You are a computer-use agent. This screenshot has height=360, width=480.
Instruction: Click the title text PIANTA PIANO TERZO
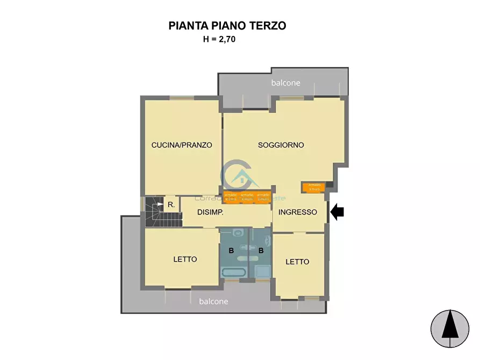pyautogui.click(x=227, y=25)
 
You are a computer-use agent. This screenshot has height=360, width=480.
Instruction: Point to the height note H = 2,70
pyautogui.click(x=219, y=39)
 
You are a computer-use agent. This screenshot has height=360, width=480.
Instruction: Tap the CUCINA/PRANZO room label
pyautogui.click(x=182, y=145)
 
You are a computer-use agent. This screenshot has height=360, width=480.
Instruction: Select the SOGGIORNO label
pyautogui.click(x=281, y=145)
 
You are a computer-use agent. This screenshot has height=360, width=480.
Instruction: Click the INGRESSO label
pyautogui.click(x=297, y=212)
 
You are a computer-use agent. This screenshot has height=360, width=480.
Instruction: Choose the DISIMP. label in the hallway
pyautogui.click(x=210, y=212)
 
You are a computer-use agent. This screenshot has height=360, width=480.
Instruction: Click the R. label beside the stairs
pyautogui.click(x=170, y=204)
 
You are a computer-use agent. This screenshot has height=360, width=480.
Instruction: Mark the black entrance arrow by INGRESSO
pyautogui.click(x=337, y=212)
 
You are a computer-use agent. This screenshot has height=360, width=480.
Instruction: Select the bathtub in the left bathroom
pyautogui.click(x=234, y=272)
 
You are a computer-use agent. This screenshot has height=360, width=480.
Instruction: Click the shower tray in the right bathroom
pyautogui.click(x=263, y=271)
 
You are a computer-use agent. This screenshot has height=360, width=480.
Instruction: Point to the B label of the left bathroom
pyautogui.click(x=231, y=250)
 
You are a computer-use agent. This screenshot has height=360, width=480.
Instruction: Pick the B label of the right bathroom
pyautogui.click(x=261, y=250)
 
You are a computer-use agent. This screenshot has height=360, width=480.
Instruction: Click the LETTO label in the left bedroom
pyautogui.click(x=185, y=259)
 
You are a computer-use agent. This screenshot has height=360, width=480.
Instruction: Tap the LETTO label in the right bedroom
pyautogui.click(x=297, y=262)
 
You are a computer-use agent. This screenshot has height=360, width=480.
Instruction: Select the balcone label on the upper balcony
pyautogui.click(x=285, y=83)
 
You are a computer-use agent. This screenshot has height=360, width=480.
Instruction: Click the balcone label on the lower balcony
pyautogui.click(x=213, y=301)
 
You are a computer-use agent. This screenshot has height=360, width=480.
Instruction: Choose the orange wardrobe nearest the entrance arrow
pyautogui.click(x=312, y=187)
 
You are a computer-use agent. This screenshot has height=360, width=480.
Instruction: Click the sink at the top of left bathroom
pyautogui.click(x=238, y=233)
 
